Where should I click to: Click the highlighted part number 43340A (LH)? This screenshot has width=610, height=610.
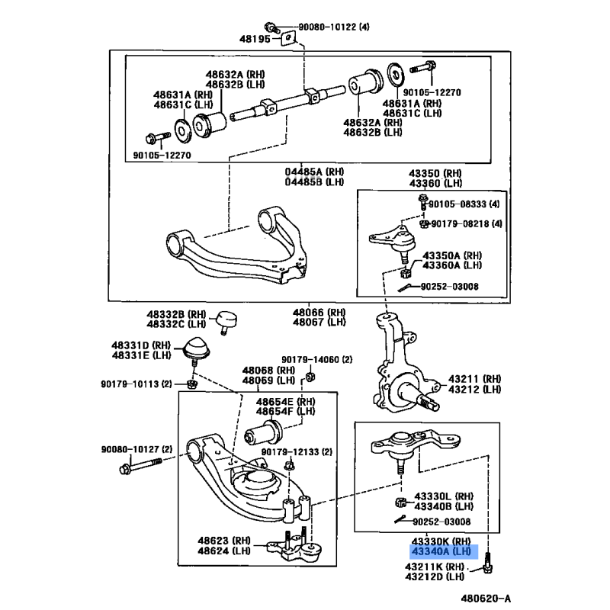pyautogui.click(x=441, y=551)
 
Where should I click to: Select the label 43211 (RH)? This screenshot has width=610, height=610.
pyautogui.click(x=474, y=378)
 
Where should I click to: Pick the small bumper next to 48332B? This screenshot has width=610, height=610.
pyautogui.click(x=226, y=319)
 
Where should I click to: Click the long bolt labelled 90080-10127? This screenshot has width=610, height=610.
pyautogui.click(x=142, y=464)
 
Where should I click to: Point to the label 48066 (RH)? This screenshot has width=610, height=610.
pyautogui.click(x=319, y=312)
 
